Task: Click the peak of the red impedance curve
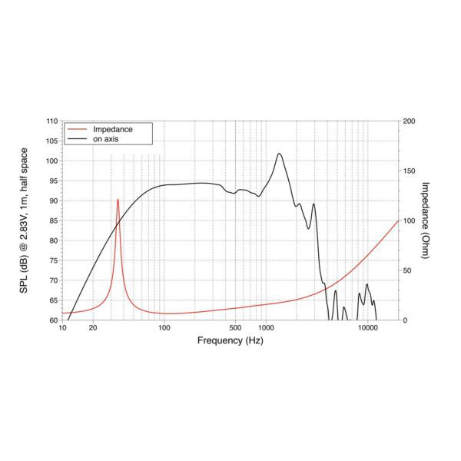(118, 199)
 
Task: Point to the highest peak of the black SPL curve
(279, 154)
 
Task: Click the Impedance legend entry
(112, 129)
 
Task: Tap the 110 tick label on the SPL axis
(51, 121)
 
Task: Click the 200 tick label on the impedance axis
(409, 121)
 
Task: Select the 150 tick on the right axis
(409, 171)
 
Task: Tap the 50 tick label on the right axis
(407, 270)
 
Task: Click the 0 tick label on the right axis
(405, 320)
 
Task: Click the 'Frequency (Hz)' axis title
(230, 340)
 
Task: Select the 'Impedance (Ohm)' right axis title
(426, 221)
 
